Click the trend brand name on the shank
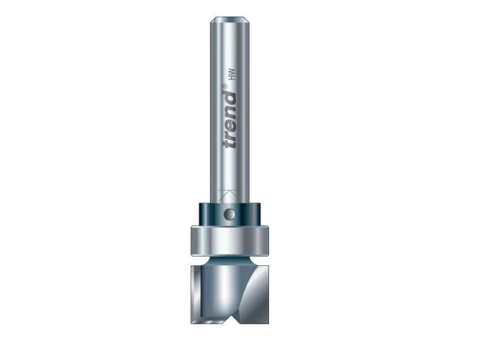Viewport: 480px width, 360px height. coord(230,121)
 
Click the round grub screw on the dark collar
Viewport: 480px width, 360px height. coord(229,214)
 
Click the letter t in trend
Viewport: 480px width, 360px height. coord(230,144)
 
